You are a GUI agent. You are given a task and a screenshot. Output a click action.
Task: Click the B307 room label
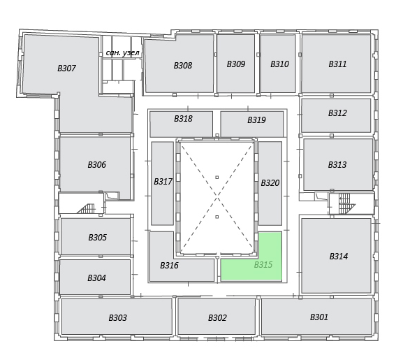click(x=66, y=69)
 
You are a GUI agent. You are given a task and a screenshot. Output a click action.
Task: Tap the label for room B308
click(x=183, y=66)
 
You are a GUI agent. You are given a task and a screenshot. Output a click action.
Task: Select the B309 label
click(x=236, y=64)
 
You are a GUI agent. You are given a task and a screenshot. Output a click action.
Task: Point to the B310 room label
click(x=279, y=64)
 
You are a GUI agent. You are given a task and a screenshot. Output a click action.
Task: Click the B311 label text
click(x=338, y=64)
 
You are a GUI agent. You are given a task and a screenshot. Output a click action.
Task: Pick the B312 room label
click(x=337, y=113)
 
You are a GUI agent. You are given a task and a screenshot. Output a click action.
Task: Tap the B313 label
click(x=337, y=164)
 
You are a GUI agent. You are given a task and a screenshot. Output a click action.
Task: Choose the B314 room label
click(x=339, y=257)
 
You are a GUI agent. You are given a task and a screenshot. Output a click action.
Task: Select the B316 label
click(x=169, y=266)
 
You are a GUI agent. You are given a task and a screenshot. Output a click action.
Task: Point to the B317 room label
click(x=163, y=182)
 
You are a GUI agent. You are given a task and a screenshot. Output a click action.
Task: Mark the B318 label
click(x=183, y=119)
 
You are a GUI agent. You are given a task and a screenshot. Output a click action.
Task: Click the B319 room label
click(x=256, y=120)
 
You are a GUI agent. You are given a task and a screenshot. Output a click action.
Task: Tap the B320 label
click(x=270, y=183)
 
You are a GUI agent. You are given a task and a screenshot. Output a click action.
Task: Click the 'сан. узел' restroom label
click(x=123, y=53)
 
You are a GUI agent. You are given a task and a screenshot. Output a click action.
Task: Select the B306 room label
click(x=96, y=164)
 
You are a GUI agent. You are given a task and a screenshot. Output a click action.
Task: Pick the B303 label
click(x=118, y=318)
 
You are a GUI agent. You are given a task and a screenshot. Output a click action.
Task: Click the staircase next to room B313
click(x=346, y=203)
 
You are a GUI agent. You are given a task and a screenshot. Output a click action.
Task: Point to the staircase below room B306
click(x=86, y=208)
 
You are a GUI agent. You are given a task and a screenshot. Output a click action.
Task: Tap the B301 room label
click(x=319, y=317)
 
